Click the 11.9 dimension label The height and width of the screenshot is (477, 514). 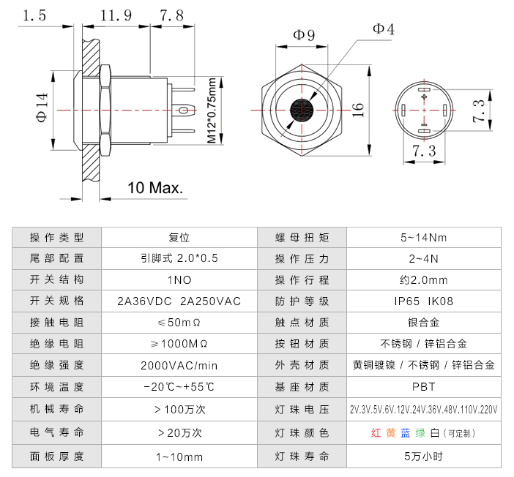tap(116, 15)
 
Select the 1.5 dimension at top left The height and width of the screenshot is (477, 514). tap(34, 15)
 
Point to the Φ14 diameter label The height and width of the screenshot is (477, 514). tap(42, 109)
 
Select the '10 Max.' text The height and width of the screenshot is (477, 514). tap(156, 188)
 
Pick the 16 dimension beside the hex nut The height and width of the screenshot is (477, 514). tap(357, 109)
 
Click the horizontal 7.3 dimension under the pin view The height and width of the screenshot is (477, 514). tap(424, 151)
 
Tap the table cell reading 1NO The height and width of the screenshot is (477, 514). tap(179, 279)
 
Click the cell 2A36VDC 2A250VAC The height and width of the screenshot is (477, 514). tap(179, 301)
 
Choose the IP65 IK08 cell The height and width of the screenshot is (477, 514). tap(423, 301)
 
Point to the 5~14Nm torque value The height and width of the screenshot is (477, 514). tap(423, 237)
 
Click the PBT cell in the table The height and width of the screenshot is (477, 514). tap(423, 386)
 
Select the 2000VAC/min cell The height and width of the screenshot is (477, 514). tap(179, 365)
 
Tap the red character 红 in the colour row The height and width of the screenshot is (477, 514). tap(376, 432)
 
